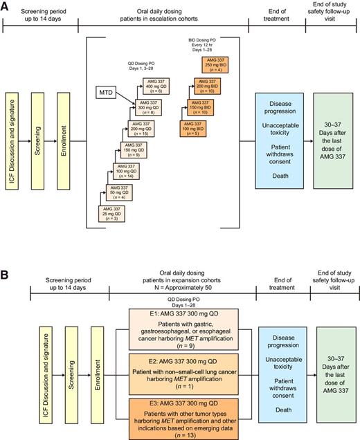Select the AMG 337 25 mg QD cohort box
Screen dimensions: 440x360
(x=112, y=213)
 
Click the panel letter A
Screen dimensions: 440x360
(x=7, y=6)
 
